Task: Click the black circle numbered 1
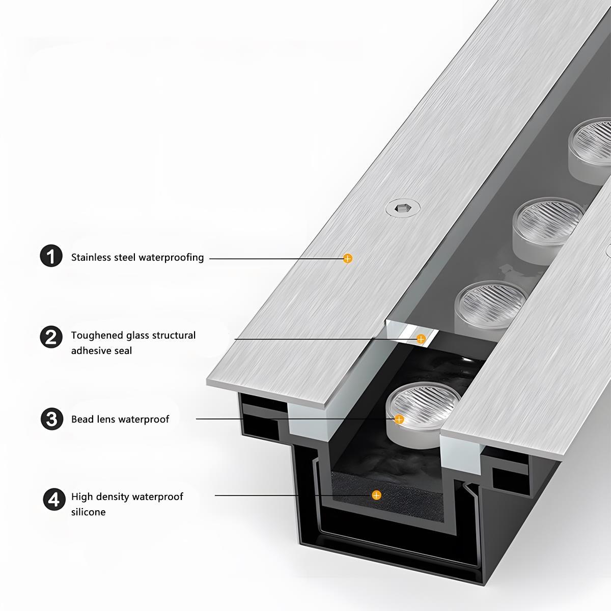pos(51,256)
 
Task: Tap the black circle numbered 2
pos(51,337)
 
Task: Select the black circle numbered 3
pos(52,419)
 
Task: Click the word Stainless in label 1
pos(90,258)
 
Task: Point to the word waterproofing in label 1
pos(171,258)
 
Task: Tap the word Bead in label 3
pos(82,420)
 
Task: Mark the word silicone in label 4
pos(88,512)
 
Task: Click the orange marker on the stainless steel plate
pos(348,259)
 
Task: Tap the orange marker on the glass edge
pos(421,339)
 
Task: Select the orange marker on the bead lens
pos(399,420)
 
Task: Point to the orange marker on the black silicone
pos(376,495)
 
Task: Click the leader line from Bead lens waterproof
pos(290,419)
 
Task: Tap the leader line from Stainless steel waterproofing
pos(275,259)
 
